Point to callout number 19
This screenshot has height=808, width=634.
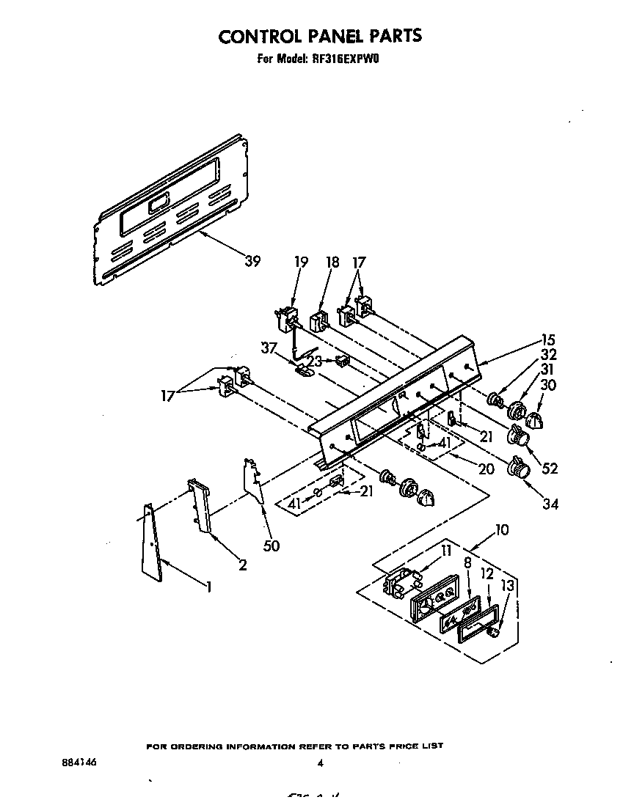pyautogui.click(x=302, y=262)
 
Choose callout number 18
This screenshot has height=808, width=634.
pyautogui.click(x=332, y=262)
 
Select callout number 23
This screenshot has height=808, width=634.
pyautogui.click(x=315, y=361)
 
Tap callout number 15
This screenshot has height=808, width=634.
pyautogui.click(x=547, y=339)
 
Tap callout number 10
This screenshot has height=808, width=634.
pyautogui.click(x=502, y=529)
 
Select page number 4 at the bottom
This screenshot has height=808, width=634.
pyautogui.click(x=320, y=763)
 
